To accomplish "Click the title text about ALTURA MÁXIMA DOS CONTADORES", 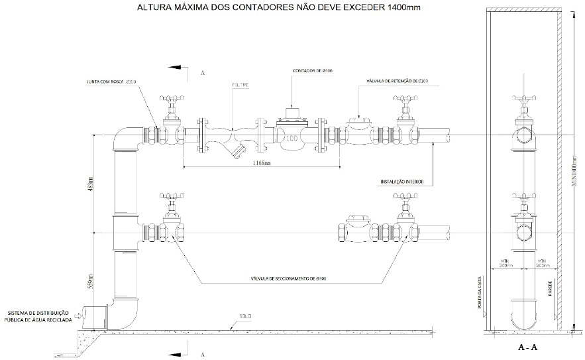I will (278, 8).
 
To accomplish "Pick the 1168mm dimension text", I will (260, 162).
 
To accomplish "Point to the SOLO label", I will (246, 316).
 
